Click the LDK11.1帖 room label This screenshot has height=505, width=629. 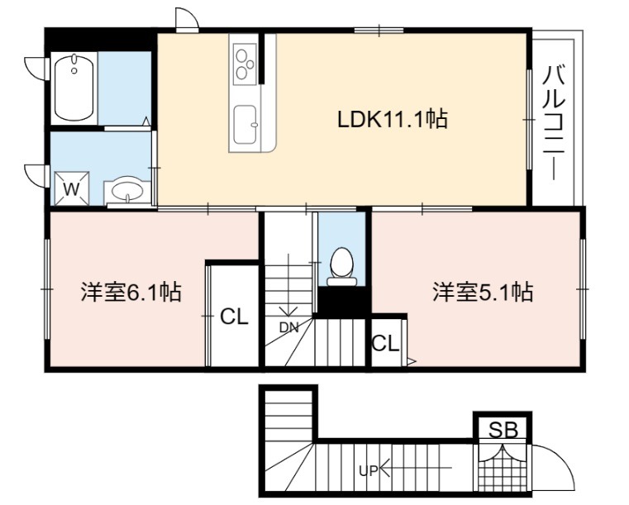point(393,119)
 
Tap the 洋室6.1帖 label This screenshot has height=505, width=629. point(131,292)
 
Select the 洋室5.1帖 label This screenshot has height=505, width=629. point(483,292)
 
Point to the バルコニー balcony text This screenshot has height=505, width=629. point(555,123)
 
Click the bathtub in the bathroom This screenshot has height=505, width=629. point(74,88)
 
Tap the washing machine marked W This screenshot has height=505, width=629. point(71,188)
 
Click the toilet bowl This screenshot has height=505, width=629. point(341,265)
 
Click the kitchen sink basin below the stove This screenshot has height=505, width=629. point(245,124)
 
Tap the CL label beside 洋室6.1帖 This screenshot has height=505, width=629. point(234,317)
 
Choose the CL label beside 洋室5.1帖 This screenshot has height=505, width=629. point(385,343)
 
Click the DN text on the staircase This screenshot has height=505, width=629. point(288,327)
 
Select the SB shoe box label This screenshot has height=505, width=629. point(503,430)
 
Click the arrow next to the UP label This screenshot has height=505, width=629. point(416,468)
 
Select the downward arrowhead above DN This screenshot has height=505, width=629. point(288,311)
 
